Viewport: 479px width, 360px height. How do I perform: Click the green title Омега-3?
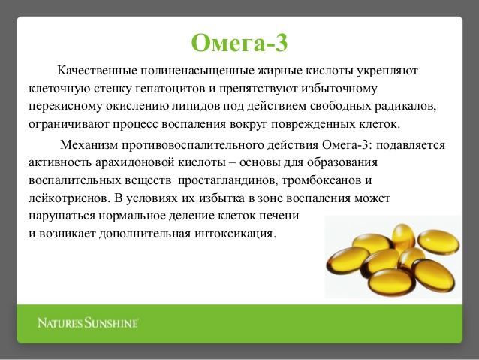(x=239, y=43)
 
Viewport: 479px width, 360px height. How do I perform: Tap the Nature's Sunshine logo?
(x=88, y=323)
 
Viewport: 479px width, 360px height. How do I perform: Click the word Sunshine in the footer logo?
(x=113, y=323)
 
